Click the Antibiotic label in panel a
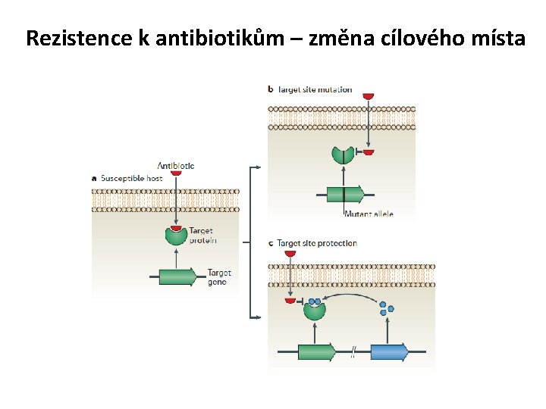[x=175, y=165]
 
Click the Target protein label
[x=202, y=235]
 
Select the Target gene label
[x=220, y=277]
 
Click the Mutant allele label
[x=369, y=214]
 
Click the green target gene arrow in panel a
[x=183, y=277]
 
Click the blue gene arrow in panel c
[x=389, y=351]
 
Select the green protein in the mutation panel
[x=342, y=156]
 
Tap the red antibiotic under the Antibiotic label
[x=175, y=173]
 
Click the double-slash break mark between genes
[x=353, y=351]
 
